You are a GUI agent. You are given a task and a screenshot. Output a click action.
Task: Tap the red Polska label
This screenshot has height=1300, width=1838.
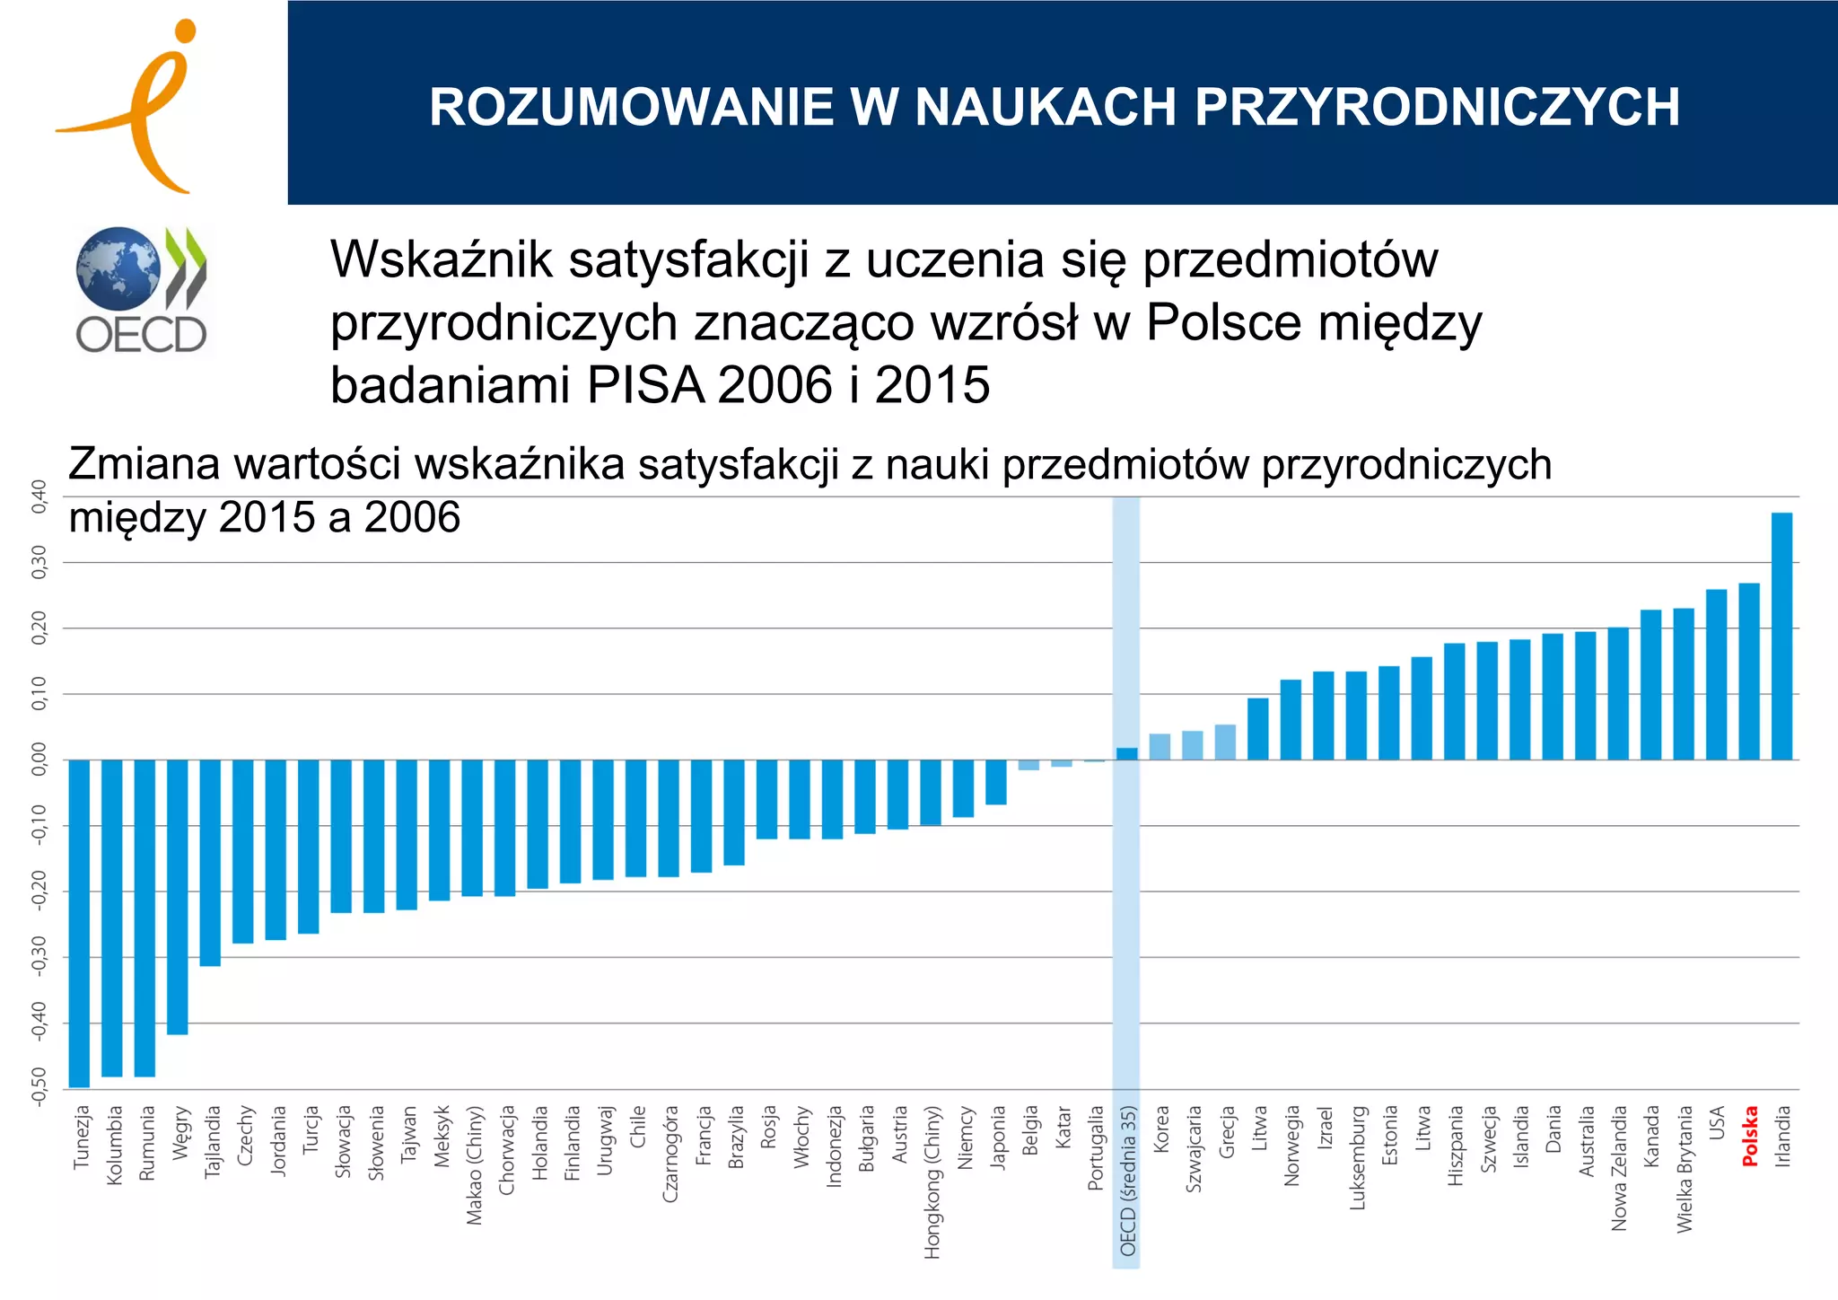point(1750,1137)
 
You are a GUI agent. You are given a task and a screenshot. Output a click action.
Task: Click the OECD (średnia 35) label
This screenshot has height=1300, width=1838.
point(1128,1181)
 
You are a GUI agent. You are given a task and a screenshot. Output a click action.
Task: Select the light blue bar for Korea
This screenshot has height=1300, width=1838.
point(1160,747)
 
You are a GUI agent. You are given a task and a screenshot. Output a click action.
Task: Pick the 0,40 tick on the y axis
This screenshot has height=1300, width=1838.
point(39,496)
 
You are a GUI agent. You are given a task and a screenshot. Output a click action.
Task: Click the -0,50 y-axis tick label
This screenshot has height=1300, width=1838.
point(39,1086)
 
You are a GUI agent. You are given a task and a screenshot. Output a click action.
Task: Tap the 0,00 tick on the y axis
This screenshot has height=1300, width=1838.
point(39,760)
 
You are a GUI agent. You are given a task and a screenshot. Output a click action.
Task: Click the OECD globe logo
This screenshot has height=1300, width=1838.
point(118,268)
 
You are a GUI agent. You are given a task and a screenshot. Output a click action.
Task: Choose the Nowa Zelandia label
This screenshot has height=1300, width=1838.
point(1619,1168)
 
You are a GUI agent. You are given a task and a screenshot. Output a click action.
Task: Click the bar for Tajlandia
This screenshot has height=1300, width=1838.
point(210,862)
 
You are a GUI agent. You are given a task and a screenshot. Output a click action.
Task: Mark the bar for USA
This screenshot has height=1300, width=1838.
point(1716,674)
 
